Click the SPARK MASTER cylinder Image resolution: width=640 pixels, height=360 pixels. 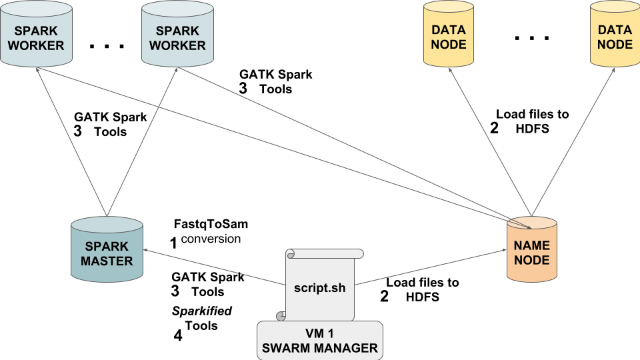coord(107,251)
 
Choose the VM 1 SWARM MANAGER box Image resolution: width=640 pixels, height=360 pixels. coord(320,339)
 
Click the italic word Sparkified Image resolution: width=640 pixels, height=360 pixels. coord(201,311)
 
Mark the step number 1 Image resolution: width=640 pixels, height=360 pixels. coord(173,243)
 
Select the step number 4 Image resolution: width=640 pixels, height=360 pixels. coord(177,336)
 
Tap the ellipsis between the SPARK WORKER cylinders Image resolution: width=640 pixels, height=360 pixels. coord(106,46)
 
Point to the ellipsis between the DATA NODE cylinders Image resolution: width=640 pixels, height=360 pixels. coord(532,38)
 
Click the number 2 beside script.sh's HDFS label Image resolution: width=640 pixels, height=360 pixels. coord(384,297)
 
